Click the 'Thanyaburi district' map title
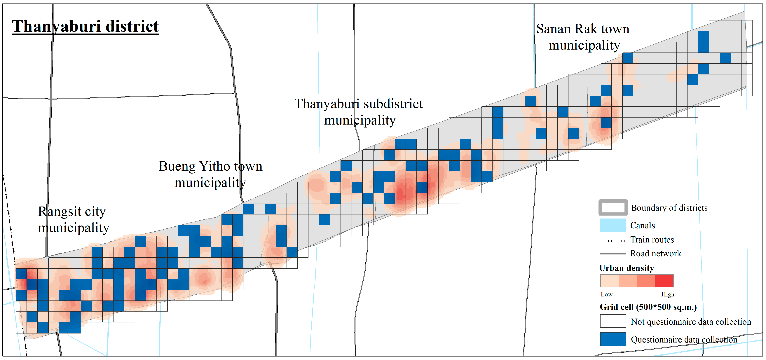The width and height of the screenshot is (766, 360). [x=85, y=27]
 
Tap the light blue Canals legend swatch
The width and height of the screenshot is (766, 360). [x=613, y=225]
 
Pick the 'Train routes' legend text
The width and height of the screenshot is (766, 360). [x=652, y=240]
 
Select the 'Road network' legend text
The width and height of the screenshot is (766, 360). [x=656, y=253]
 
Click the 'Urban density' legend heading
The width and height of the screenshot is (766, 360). [x=627, y=268]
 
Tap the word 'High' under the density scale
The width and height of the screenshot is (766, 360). [x=668, y=294]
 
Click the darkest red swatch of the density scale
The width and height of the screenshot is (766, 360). [x=664, y=281]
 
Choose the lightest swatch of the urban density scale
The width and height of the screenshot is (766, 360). [x=610, y=281]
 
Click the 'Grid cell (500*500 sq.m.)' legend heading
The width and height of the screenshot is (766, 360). [x=648, y=307]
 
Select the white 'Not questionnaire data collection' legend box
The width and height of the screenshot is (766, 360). [x=613, y=321]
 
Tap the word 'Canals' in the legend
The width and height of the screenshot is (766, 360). [x=643, y=225]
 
